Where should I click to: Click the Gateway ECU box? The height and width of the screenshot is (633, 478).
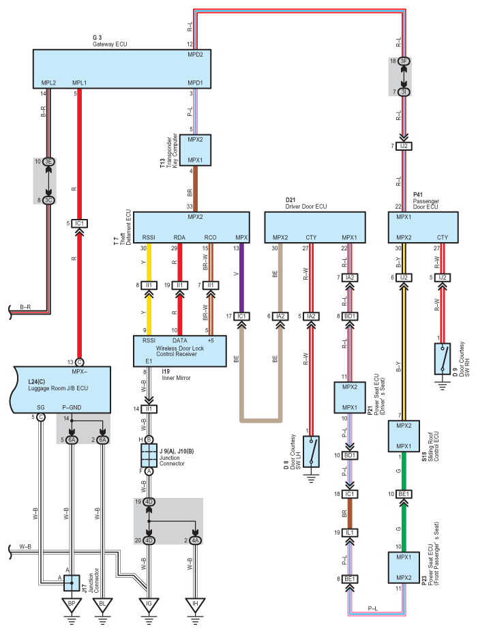pos(121,69)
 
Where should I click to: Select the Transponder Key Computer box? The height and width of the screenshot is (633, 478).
pos(195,150)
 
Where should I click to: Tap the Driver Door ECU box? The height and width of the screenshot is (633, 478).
pos(315,227)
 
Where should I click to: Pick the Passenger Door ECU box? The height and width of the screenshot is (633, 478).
pos(423,227)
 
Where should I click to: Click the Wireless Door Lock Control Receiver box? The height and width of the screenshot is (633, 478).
pos(179,351)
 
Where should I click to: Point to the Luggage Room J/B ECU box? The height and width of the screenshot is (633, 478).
pos(60,389)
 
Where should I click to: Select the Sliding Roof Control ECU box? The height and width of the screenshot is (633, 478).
pos(404,436)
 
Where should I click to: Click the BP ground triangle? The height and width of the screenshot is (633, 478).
pos(72,605)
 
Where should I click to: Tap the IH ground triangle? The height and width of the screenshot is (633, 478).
pos(196,605)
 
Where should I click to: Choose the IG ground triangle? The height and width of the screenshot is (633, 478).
pos(149,605)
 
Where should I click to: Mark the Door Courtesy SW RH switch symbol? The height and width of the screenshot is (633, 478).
pos(443,359)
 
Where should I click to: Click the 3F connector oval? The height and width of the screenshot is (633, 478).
pos(404,61)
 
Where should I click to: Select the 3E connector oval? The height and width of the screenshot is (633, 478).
pos(48,162)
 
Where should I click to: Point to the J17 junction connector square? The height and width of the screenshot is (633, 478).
pos(72,583)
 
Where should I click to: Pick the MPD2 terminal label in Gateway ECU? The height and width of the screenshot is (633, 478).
pos(196,55)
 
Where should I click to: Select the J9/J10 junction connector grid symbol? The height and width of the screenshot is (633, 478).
pos(149,456)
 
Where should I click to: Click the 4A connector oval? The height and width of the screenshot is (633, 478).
pos(196,540)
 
